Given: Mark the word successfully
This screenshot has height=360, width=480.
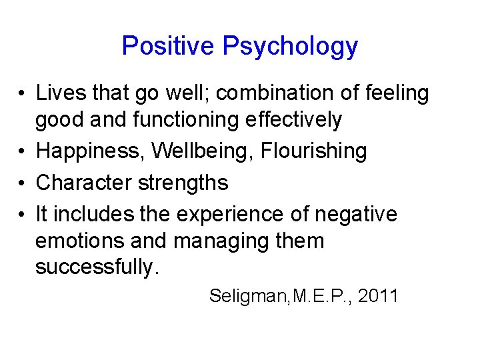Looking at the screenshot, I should pyautogui.click(x=97, y=267).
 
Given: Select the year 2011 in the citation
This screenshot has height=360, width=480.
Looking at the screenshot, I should pyautogui.click(x=377, y=295).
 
